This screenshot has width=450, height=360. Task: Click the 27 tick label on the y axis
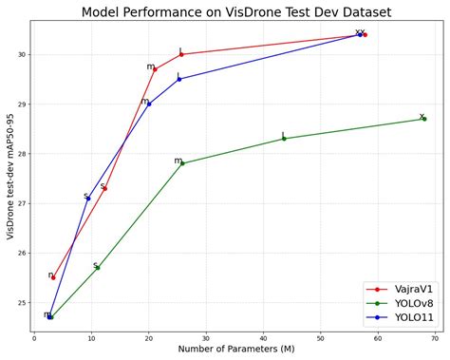click(x=19, y=203)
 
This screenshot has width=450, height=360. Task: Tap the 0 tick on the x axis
click(x=34, y=336)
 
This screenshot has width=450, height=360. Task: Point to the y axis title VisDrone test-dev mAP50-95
click(x=9, y=175)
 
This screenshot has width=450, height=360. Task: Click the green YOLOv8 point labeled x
click(x=423, y=119)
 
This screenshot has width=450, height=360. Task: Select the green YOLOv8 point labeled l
click(x=284, y=139)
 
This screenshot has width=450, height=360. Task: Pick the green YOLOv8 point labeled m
click(x=182, y=163)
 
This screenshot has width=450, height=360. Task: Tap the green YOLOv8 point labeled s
click(x=97, y=268)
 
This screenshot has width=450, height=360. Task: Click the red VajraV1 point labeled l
click(x=181, y=54)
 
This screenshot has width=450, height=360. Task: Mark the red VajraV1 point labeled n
click(x=53, y=277)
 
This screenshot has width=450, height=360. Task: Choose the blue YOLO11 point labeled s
click(x=88, y=199)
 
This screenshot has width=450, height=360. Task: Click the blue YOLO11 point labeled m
click(x=149, y=104)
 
